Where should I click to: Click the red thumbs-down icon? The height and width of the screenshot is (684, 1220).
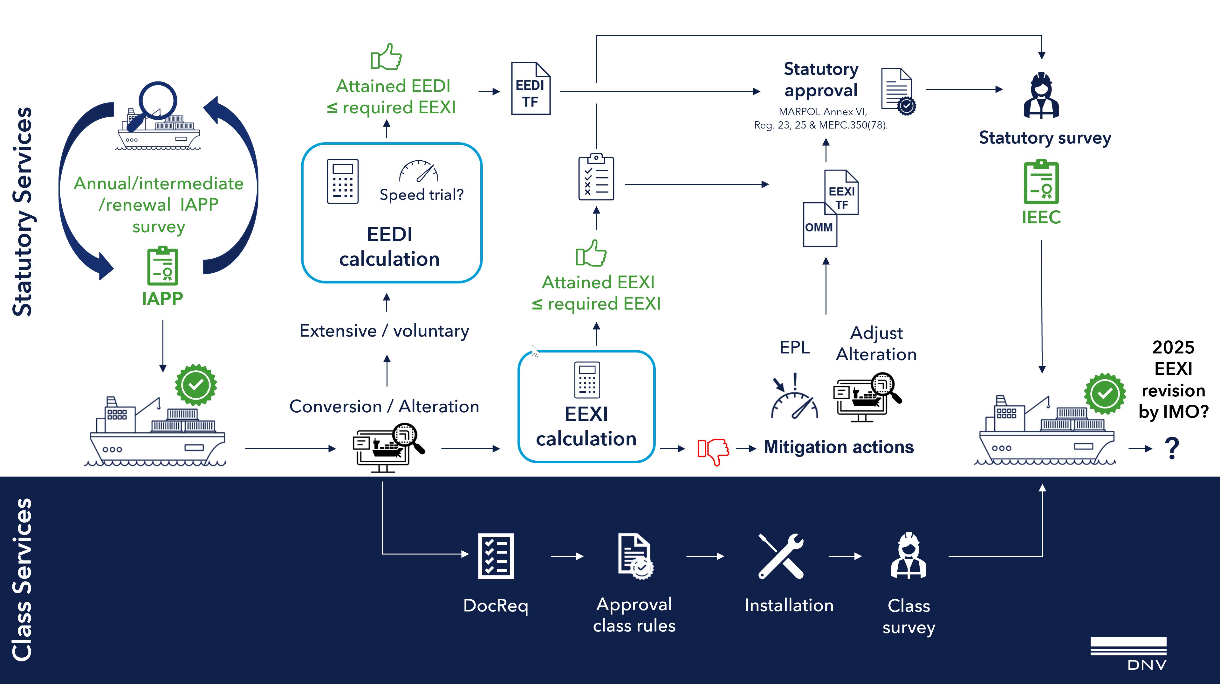(x=713, y=451)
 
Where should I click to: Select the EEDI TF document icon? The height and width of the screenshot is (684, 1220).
(x=531, y=89)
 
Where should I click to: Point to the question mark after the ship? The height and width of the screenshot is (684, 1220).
(x=1172, y=448)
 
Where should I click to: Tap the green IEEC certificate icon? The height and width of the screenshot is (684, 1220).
(x=1041, y=183)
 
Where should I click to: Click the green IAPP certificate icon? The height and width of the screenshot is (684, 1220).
(x=162, y=266)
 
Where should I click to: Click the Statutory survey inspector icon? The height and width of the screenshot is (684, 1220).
(x=1041, y=96)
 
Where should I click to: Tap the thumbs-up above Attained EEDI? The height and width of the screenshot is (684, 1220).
(x=387, y=57)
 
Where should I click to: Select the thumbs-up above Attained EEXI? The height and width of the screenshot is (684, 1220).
(x=591, y=254)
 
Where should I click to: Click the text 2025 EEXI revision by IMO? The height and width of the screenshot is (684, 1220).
(x=1173, y=379)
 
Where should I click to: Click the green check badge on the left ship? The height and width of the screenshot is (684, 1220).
(x=195, y=385)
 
